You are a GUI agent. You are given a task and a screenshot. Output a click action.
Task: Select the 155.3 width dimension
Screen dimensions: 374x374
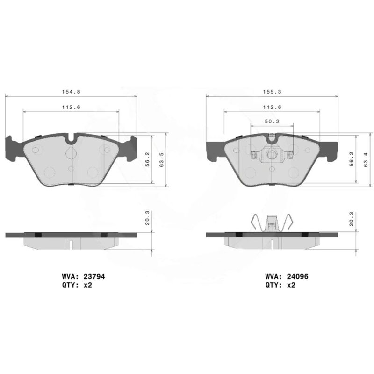tap(272, 93)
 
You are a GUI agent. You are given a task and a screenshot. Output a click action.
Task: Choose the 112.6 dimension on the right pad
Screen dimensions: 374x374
tap(272, 107)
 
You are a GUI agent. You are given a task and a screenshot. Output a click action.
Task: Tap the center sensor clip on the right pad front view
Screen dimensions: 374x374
tap(272, 155)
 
